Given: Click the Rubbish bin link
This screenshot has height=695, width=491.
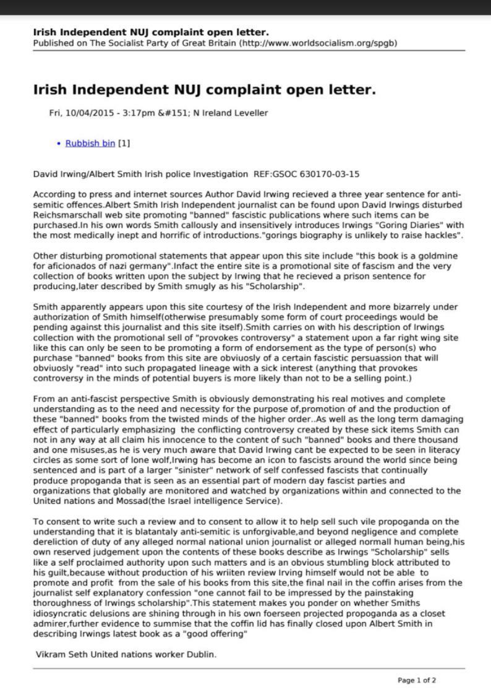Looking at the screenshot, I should coord(90,144).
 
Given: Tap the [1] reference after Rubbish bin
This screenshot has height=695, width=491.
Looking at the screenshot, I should coord(124,144).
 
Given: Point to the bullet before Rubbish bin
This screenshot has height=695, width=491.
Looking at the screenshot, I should coord(59,144).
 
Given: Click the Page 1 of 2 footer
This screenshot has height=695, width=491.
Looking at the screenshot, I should coord(417,680).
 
